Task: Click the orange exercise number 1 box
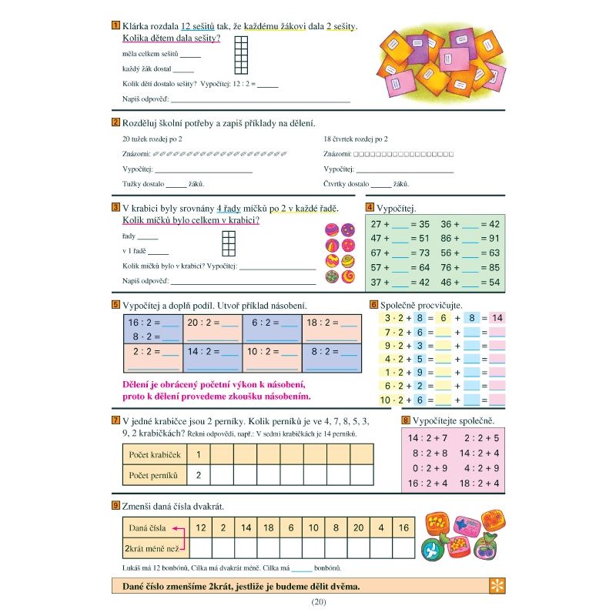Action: (x=115, y=25)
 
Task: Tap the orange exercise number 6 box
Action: (x=373, y=304)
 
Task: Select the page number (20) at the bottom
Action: (x=318, y=601)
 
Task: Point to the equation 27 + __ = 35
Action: (x=400, y=224)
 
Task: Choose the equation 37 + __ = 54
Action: (x=400, y=283)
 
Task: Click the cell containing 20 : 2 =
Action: (x=213, y=323)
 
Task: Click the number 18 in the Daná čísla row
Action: (x=268, y=527)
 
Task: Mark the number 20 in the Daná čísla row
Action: (x=358, y=527)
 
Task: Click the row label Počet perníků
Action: (x=153, y=475)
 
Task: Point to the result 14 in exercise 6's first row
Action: (x=497, y=317)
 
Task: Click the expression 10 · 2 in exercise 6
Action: (x=393, y=400)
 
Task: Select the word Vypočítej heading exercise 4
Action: (x=397, y=208)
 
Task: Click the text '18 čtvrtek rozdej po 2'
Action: (x=356, y=139)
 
